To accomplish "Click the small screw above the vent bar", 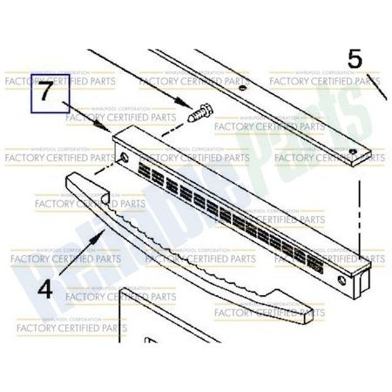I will [x=197, y=113].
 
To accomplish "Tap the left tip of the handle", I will [x=70, y=174].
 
